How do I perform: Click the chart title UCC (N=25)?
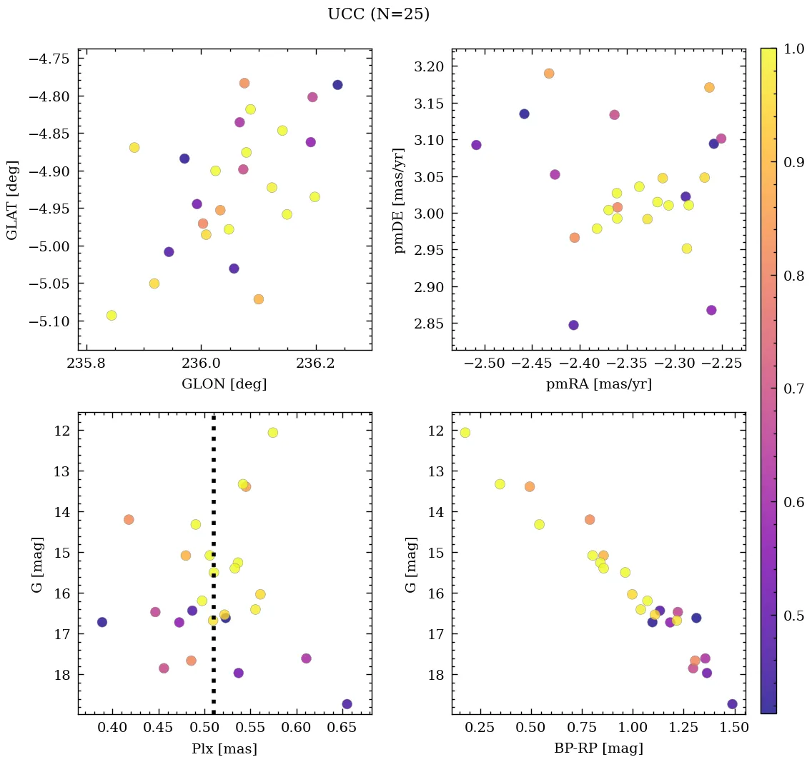click(378, 14)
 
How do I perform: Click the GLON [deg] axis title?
click(224, 384)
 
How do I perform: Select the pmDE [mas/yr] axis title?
click(400, 201)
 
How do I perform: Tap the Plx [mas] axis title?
click(224, 748)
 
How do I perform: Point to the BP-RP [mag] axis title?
click(598, 748)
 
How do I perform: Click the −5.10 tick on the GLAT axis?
click(47, 321)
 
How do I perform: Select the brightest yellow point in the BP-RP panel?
click(465, 433)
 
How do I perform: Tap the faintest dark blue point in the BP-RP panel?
click(733, 704)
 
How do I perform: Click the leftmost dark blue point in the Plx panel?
click(102, 622)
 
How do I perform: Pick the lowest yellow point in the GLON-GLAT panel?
click(112, 316)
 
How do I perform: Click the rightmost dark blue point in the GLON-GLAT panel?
click(337, 85)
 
